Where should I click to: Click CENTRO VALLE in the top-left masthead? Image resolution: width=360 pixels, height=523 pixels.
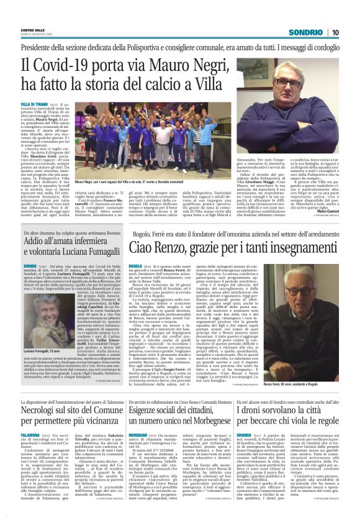[33, 29]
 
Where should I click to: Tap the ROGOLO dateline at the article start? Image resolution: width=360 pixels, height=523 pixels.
[135, 264]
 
